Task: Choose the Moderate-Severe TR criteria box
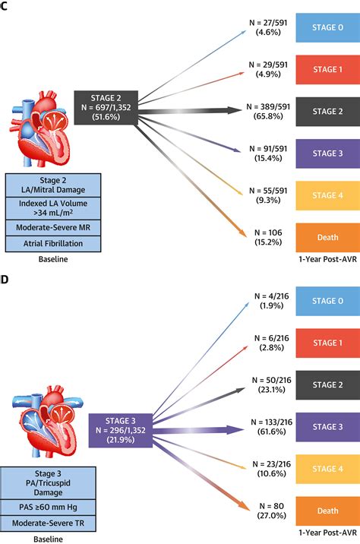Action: pos(52,523)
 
